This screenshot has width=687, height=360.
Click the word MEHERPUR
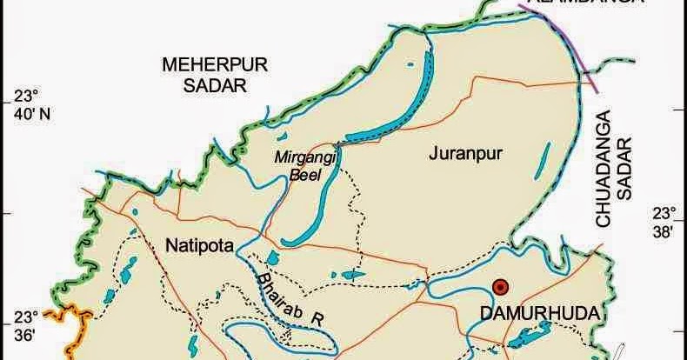pyautogui.click(x=203, y=65)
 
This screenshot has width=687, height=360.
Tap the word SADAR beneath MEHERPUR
pyautogui.click(x=203, y=85)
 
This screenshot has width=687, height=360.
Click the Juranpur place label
pyautogui.click(x=460, y=154)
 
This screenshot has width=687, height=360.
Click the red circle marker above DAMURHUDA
pyautogui.click(x=500, y=287)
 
